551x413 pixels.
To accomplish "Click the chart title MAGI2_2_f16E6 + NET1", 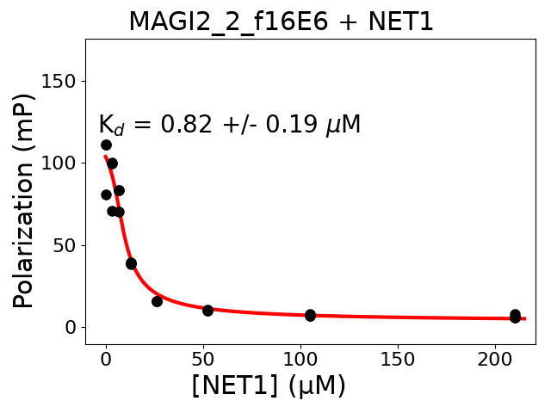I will click(x=281, y=22).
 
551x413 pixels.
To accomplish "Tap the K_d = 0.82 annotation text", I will click(x=229, y=126).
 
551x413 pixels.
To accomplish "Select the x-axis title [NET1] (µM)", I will click(x=269, y=386).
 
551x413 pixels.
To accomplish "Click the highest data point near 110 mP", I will click(x=106, y=145).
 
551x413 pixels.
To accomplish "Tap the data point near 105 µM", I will click(x=310, y=315).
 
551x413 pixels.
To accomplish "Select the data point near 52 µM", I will click(x=207, y=310).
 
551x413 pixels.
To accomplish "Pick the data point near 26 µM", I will click(x=157, y=301).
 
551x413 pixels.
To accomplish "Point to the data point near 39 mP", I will click(x=131, y=263).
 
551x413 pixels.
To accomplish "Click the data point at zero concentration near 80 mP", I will click(x=106, y=194).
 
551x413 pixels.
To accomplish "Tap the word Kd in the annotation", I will click(x=111, y=126).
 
